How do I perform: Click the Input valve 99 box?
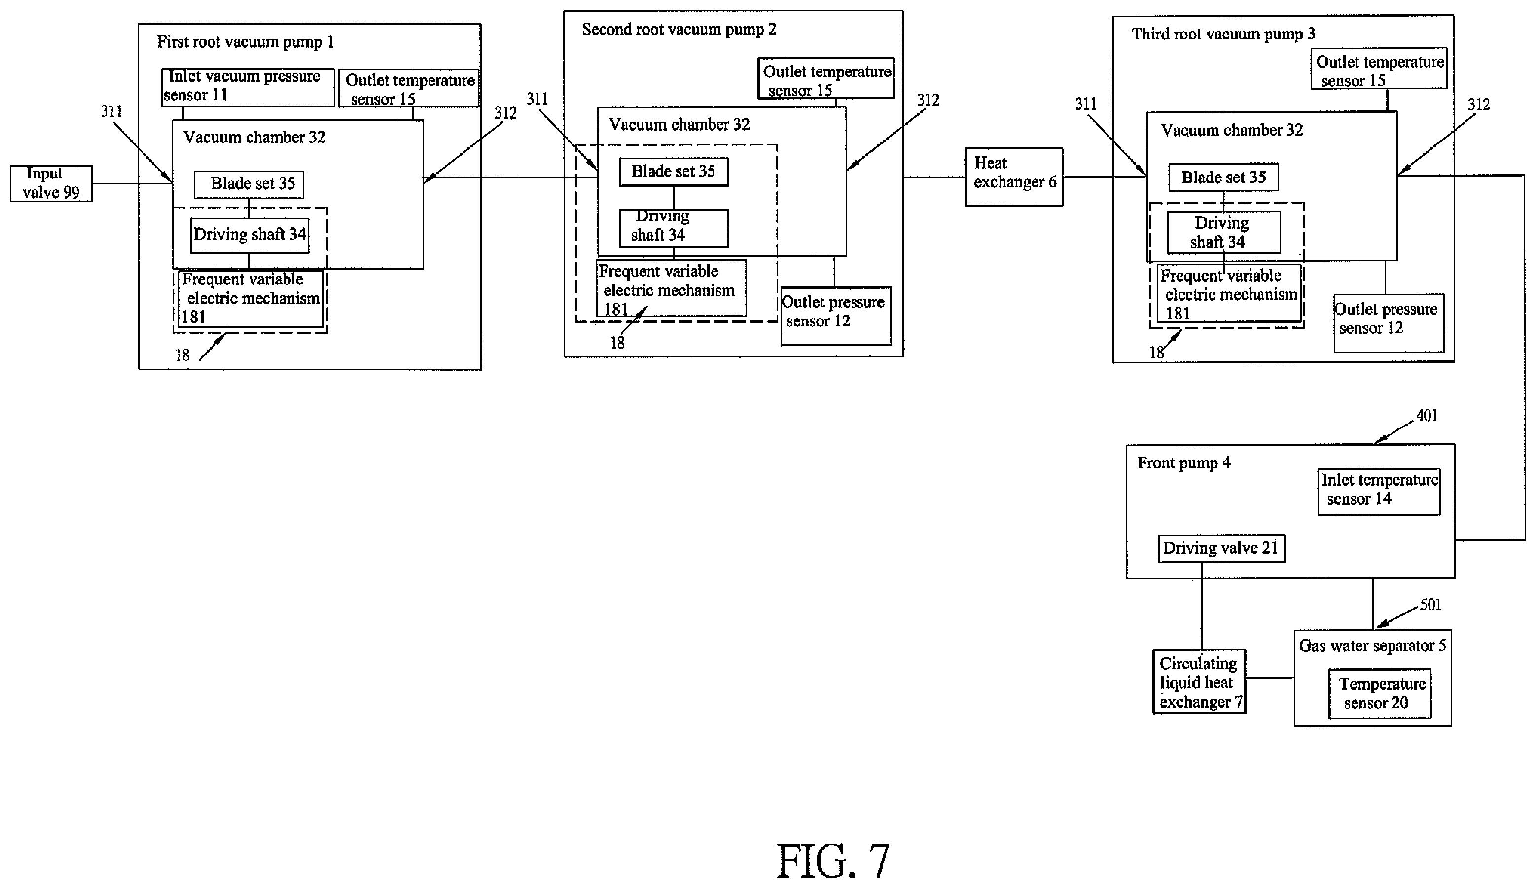[x=51, y=183]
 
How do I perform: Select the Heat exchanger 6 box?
[x=1014, y=177]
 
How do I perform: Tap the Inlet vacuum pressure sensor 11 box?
[x=248, y=87]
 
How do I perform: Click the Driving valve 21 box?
[x=1221, y=548]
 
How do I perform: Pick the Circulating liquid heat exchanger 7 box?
[x=1199, y=681]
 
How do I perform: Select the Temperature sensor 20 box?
[x=1380, y=694]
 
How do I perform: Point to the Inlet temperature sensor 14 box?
[x=1379, y=492]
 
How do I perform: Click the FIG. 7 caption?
[x=833, y=861]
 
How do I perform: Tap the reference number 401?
[x=1427, y=416]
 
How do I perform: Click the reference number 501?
[x=1430, y=604]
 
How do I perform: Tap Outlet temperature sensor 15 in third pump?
[x=1379, y=68]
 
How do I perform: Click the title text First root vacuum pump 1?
[x=245, y=42]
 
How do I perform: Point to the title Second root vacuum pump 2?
[x=679, y=29]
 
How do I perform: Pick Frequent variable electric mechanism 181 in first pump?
[x=250, y=299]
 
